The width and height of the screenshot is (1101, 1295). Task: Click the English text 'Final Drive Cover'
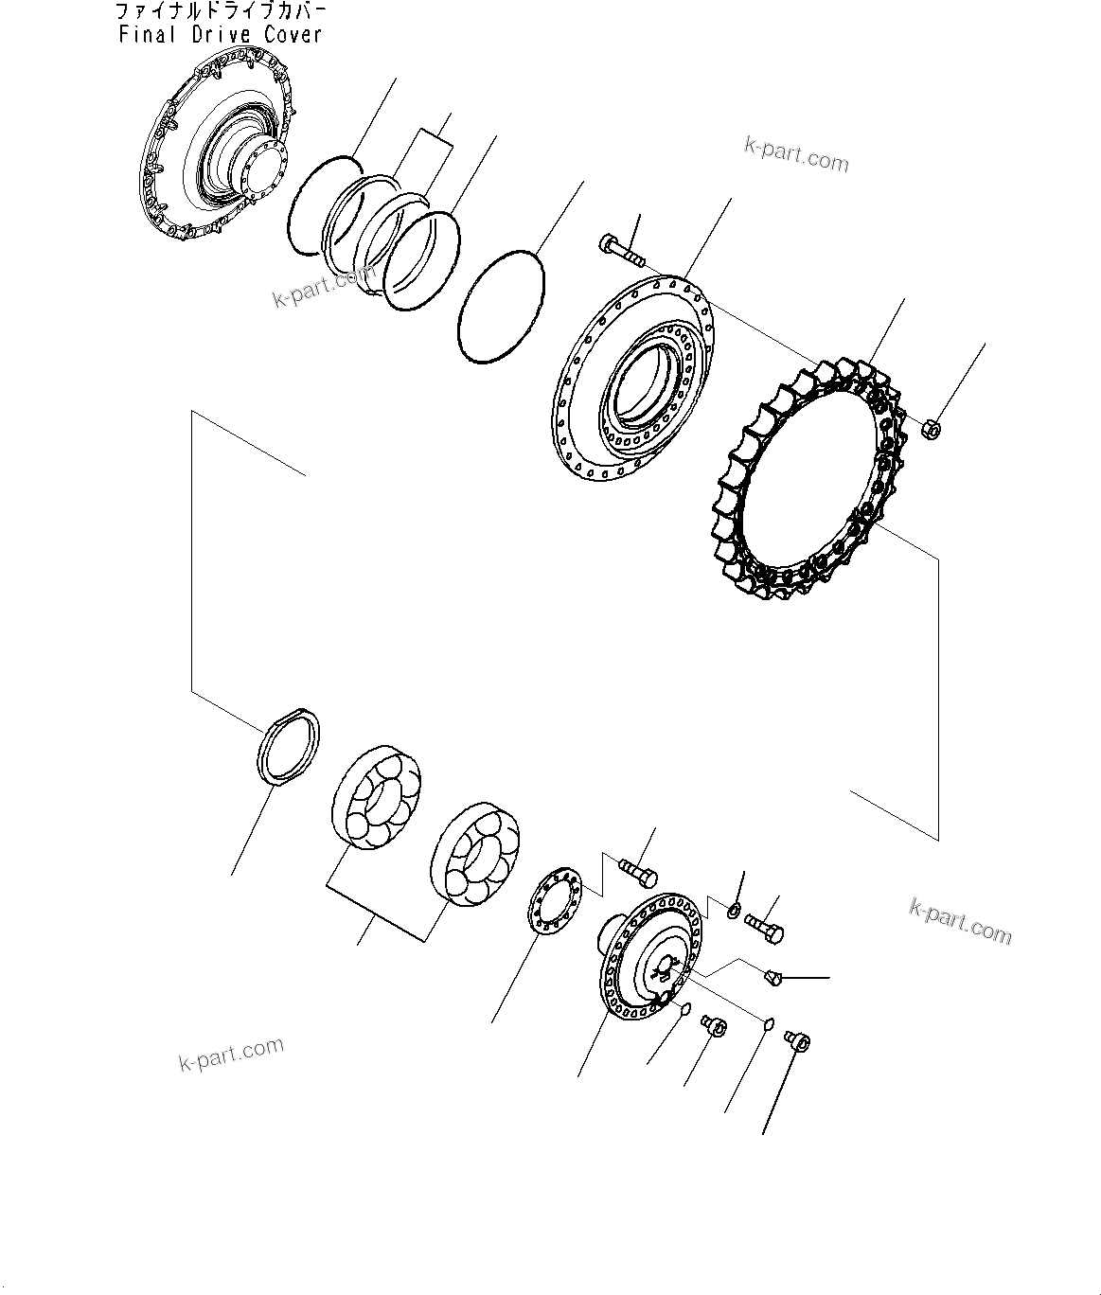pos(220,35)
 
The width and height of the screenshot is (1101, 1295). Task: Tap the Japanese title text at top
pos(220,12)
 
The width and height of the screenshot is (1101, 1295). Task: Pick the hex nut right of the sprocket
pos(930,430)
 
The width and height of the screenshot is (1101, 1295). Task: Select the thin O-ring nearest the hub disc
pos(501,306)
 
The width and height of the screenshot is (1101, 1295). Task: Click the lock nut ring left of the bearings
pos(289,746)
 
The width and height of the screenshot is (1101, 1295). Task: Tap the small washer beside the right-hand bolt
pos(735,911)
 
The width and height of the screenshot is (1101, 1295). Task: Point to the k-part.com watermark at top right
pos(796,155)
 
